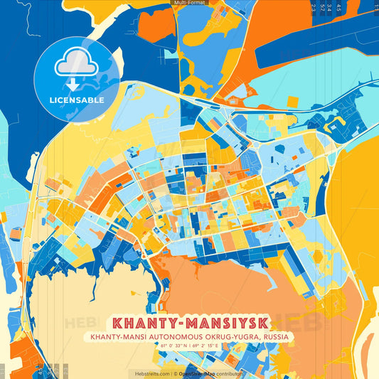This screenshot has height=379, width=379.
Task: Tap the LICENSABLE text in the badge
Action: (77, 100)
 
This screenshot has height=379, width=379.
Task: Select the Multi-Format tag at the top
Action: (189, 3)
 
